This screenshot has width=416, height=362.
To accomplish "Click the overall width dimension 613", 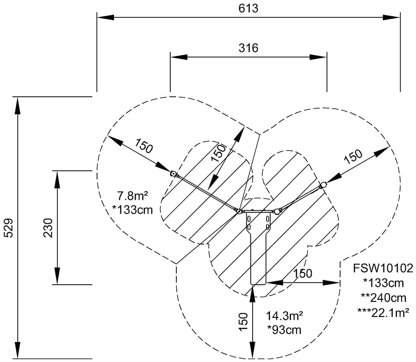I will (x=248, y=8).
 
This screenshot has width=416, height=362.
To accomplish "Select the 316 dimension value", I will (x=248, y=48).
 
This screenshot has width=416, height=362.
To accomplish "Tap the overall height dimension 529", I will (x=9, y=228).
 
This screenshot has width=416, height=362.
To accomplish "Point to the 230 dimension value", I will (x=48, y=228).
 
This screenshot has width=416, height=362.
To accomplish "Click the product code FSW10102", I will (x=383, y=268).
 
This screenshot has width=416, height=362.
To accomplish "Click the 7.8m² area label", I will (x=130, y=196).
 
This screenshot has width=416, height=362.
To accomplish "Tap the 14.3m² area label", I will (x=285, y=316).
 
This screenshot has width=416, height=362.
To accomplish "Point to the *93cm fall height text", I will (x=284, y=329).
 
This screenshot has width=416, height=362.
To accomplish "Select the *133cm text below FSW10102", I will (x=383, y=283).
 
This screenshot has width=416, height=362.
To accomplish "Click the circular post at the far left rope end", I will (x=173, y=174).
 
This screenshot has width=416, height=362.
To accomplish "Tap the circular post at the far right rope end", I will (x=324, y=185).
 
